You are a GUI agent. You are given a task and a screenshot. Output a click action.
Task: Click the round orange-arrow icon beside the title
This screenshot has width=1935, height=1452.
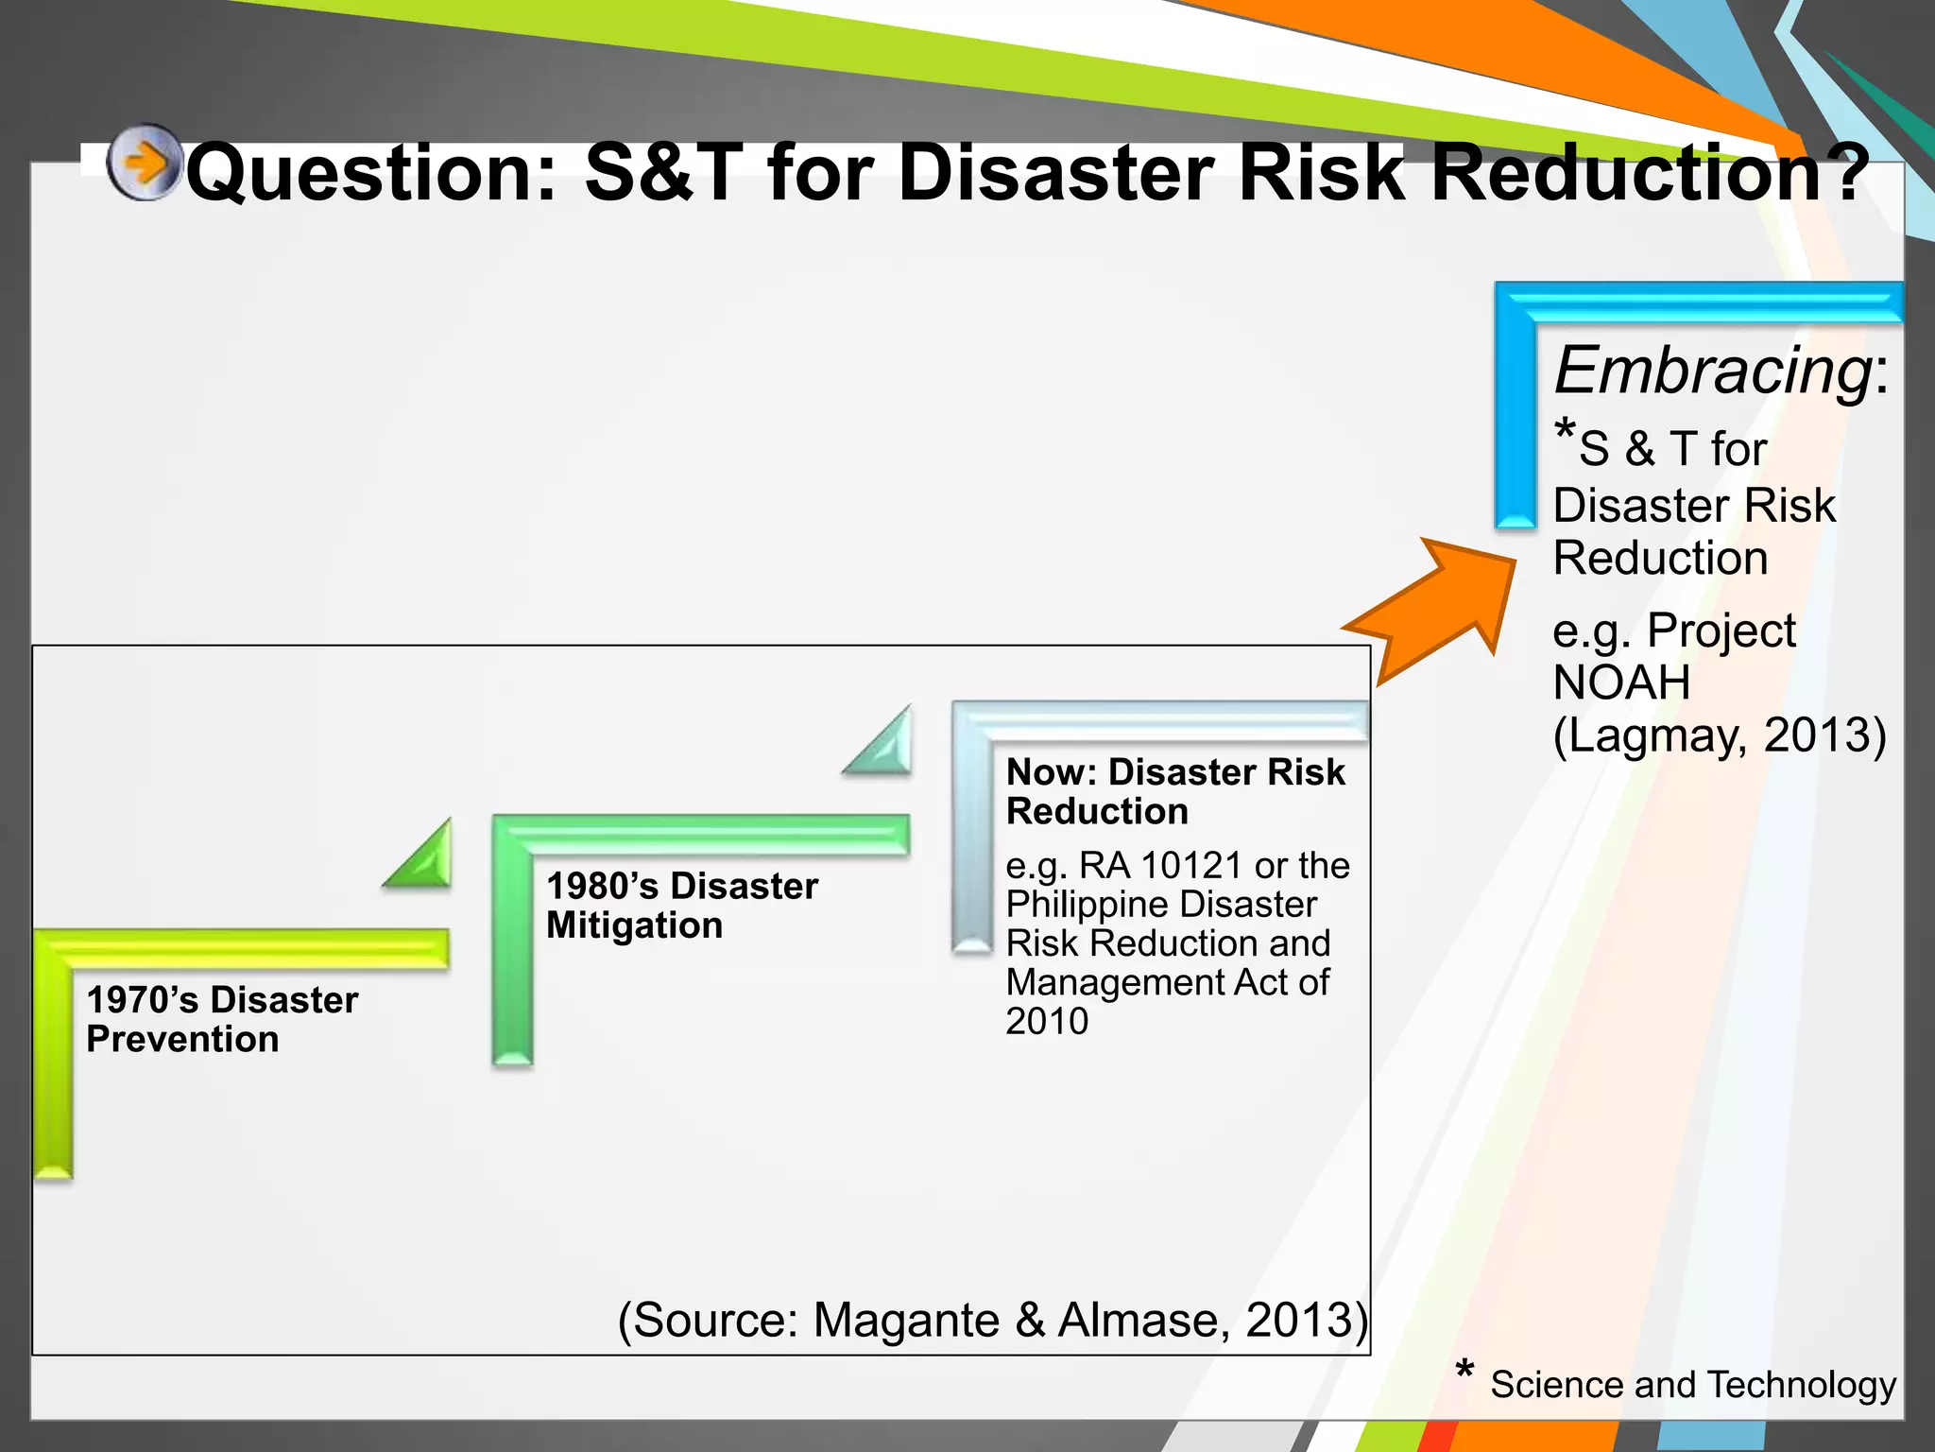[x=144, y=163]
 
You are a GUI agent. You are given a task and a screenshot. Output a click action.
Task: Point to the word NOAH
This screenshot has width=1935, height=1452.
[x=1621, y=683]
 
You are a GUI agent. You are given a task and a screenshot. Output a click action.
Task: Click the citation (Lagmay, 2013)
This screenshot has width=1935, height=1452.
[x=1720, y=735]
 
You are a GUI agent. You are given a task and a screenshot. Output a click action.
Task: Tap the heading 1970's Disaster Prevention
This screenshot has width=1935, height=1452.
[x=222, y=1019]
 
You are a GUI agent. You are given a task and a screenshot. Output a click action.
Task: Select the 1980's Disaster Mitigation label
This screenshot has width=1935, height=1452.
[x=681, y=905]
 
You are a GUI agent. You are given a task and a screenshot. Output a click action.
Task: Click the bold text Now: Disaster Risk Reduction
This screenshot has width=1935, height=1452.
[x=1174, y=791]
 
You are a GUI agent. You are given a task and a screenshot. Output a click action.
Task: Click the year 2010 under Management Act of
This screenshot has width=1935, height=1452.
[x=1047, y=1021]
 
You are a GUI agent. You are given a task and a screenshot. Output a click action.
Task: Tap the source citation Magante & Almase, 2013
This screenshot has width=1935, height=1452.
[x=992, y=1320]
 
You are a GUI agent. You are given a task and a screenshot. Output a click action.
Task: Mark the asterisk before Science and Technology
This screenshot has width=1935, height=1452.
[x=1464, y=1370]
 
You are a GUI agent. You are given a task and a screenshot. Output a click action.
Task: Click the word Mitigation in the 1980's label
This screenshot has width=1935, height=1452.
[x=634, y=925]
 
